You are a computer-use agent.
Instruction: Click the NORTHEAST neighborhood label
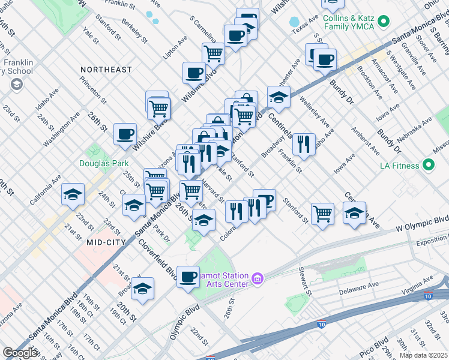pyautogui.click(x=106, y=70)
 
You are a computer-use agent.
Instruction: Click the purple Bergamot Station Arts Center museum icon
pyautogui.click(x=258, y=278)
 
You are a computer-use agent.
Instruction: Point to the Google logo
pyautogui.click(x=20, y=353)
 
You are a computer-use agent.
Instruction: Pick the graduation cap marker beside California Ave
pyautogui.click(x=73, y=194)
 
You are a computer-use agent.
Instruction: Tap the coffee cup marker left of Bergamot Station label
pyautogui.click(x=188, y=277)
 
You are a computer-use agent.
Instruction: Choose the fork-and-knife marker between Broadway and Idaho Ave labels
pyautogui.click(x=304, y=144)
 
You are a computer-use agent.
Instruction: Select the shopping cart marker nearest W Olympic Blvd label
pyautogui.click(x=323, y=213)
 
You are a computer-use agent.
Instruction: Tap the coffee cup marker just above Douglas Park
pyautogui.click(x=125, y=134)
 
